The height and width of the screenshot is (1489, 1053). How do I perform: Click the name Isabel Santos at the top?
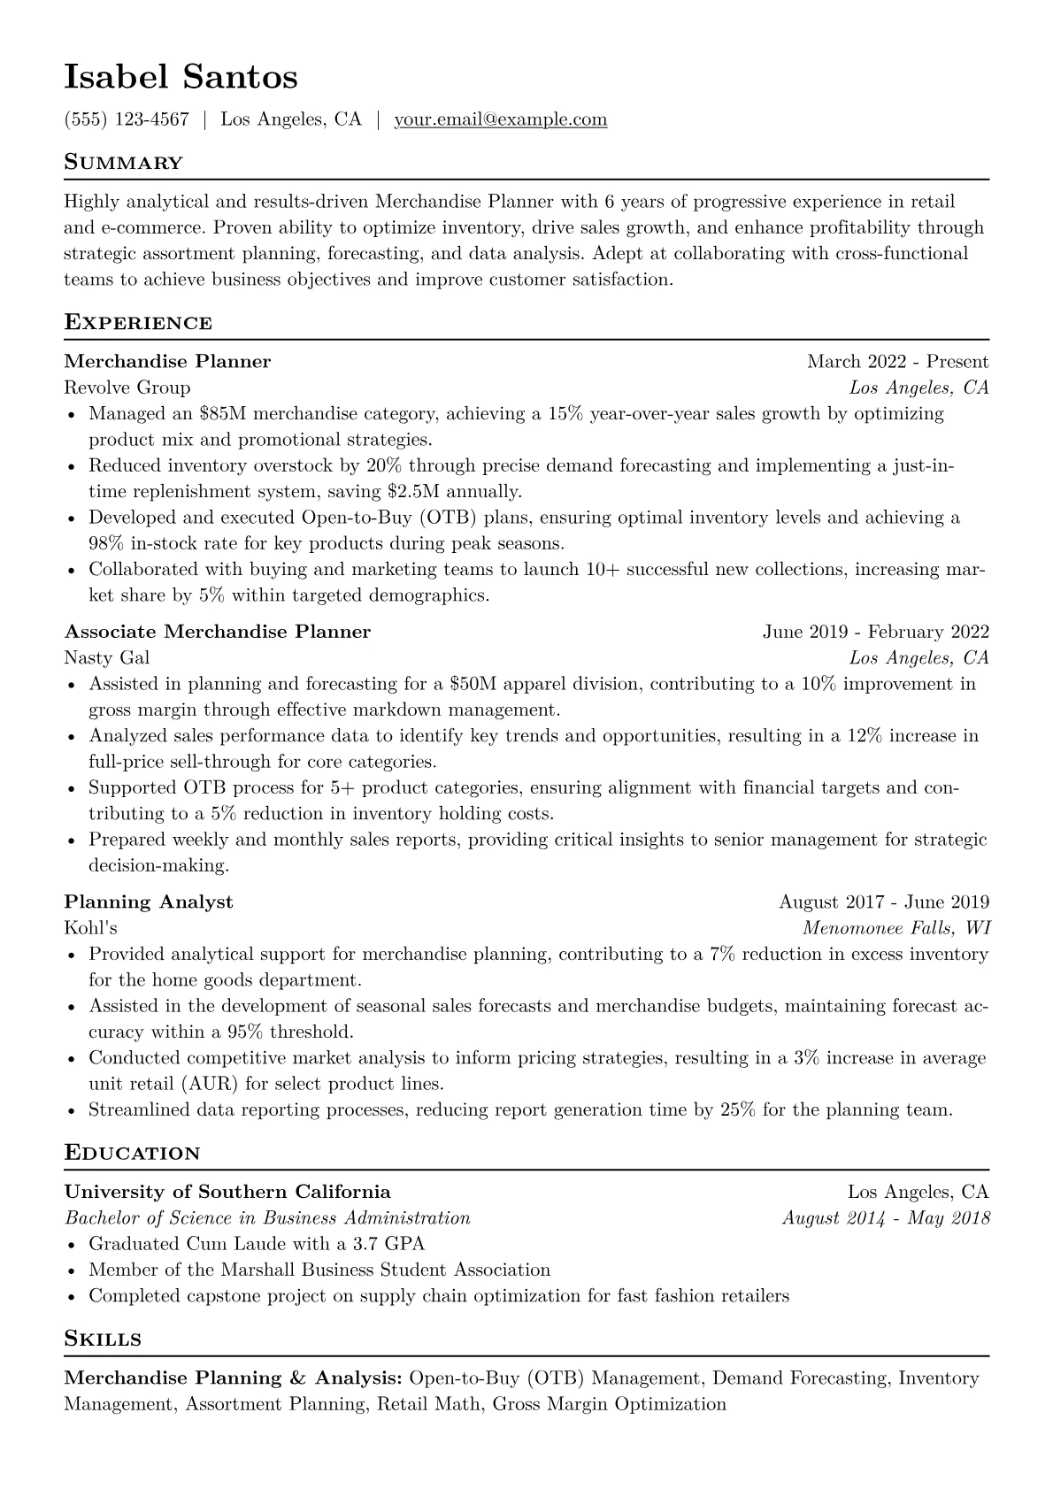(181, 78)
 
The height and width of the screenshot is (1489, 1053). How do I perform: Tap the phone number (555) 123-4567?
(127, 119)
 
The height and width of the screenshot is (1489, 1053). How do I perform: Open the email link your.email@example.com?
(500, 119)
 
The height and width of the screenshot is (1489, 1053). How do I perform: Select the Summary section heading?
(123, 163)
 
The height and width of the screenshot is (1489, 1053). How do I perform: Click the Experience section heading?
(138, 323)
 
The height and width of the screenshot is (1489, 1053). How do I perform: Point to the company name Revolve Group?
(127, 388)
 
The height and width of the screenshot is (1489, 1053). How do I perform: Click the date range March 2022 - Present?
(897, 362)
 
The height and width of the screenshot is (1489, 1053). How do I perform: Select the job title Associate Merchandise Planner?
(217, 632)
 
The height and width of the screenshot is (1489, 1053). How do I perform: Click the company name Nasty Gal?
(106, 657)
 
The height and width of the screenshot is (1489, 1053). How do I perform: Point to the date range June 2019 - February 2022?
(875, 632)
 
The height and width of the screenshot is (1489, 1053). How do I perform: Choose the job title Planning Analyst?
(148, 902)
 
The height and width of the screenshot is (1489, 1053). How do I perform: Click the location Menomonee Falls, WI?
(895, 928)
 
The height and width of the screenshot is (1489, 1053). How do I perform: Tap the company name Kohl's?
(90, 928)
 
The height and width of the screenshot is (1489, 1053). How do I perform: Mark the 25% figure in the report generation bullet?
(737, 1109)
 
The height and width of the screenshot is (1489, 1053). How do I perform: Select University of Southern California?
(227, 1192)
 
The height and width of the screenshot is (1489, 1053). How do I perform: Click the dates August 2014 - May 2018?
(885, 1218)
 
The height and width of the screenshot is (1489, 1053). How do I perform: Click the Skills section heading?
(103, 1339)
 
